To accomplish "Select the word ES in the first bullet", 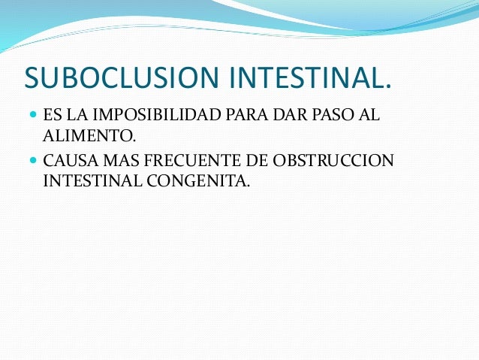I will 52,116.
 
